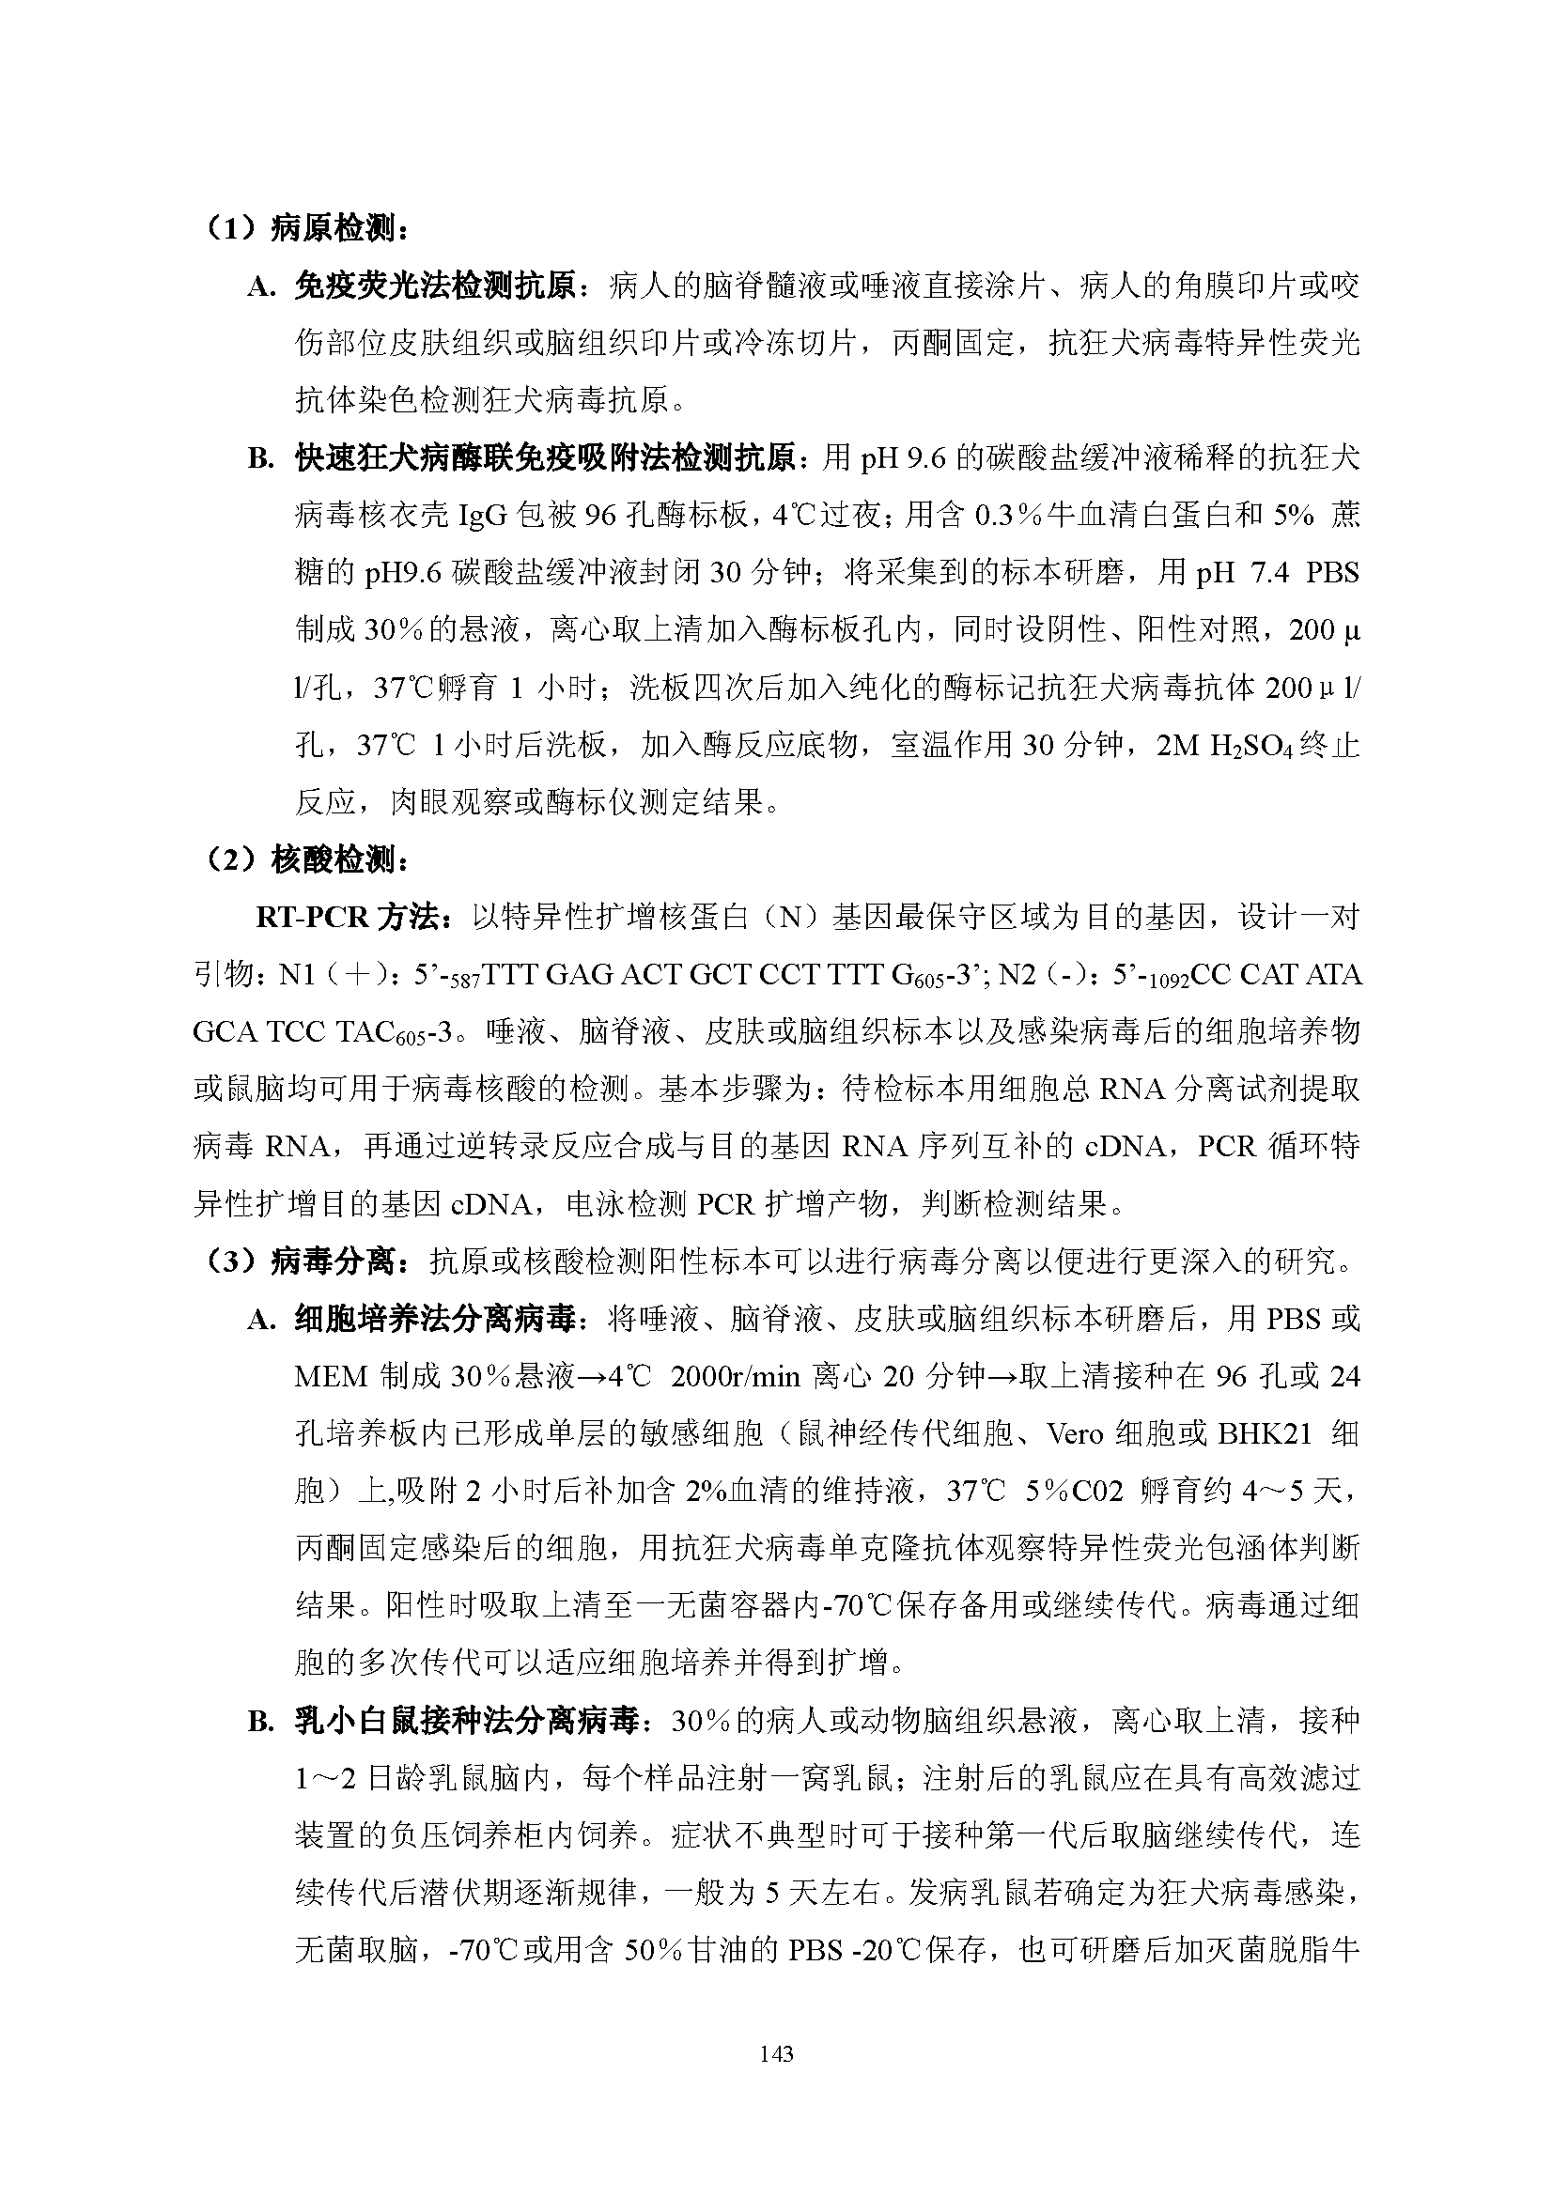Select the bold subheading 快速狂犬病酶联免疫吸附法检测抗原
pos(546,458)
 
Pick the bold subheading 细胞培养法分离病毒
pos(435,1320)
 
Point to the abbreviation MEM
pos(331,1377)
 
